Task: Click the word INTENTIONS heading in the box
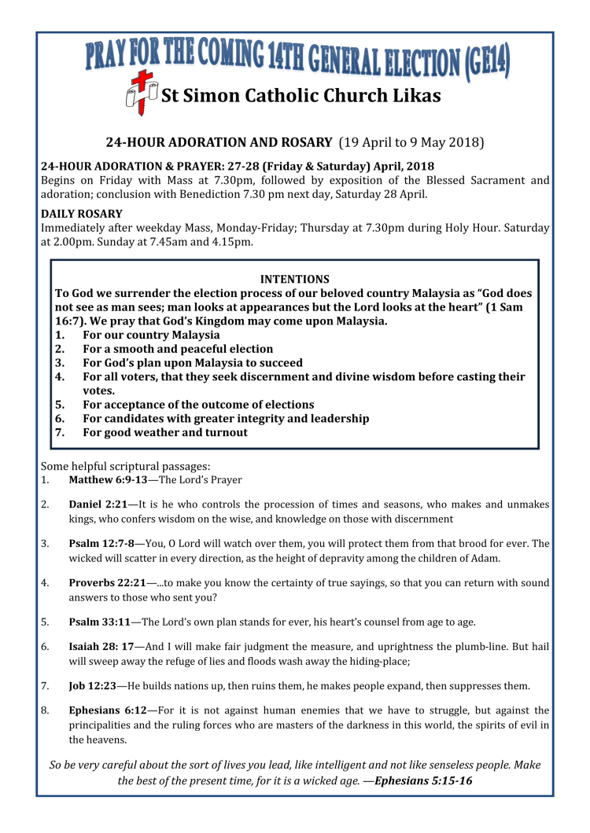tap(294, 279)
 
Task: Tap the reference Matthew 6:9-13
tap(101, 479)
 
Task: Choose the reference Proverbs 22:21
tap(108, 583)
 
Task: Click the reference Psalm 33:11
tap(100, 622)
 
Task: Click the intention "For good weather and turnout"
tap(164, 432)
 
